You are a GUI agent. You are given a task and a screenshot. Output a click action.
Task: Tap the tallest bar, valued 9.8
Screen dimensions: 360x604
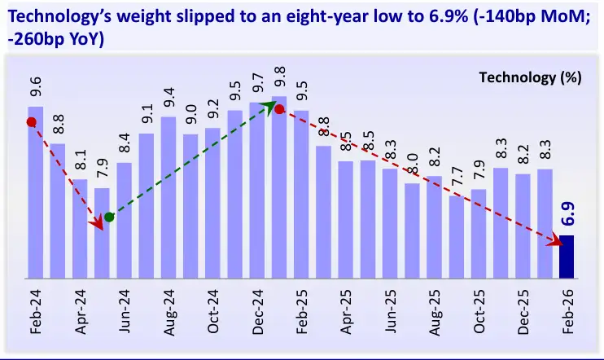coord(279,187)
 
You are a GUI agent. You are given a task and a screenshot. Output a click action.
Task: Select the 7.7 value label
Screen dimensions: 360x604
coord(457,175)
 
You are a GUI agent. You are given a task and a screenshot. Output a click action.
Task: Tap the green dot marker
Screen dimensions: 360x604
coord(109,217)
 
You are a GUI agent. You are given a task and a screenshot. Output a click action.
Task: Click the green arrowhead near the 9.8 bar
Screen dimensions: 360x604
coord(270,107)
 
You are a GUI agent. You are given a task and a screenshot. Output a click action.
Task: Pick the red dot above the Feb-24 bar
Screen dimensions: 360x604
coord(31,122)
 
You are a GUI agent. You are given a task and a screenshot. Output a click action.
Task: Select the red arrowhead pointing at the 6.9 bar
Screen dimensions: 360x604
coord(558,241)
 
